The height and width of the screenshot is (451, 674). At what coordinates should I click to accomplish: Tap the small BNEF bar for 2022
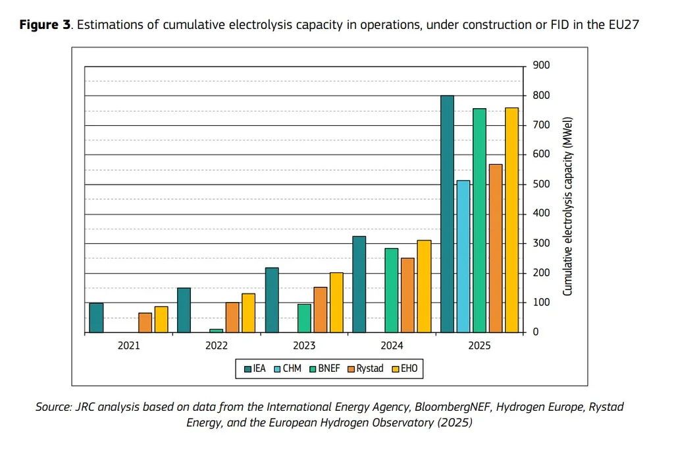click(x=217, y=330)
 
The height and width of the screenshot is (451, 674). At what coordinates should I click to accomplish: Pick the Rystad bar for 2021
click(x=145, y=322)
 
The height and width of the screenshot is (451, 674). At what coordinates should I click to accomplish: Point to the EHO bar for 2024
click(x=424, y=286)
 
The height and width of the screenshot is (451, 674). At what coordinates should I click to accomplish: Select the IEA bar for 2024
click(x=359, y=284)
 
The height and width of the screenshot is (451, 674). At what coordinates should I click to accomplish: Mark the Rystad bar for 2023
click(x=321, y=309)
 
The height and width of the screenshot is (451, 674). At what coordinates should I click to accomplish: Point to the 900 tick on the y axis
click(x=541, y=66)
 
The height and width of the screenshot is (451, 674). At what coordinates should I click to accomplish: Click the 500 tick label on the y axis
click(x=541, y=184)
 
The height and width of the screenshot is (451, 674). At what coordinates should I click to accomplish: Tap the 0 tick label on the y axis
click(x=536, y=332)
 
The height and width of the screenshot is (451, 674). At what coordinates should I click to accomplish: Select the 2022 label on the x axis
click(x=217, y=346)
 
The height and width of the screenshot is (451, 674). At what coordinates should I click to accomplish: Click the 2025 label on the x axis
click(x=479, y=346)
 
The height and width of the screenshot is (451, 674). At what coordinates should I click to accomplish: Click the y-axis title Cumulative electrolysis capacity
click(x=567, y=206)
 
